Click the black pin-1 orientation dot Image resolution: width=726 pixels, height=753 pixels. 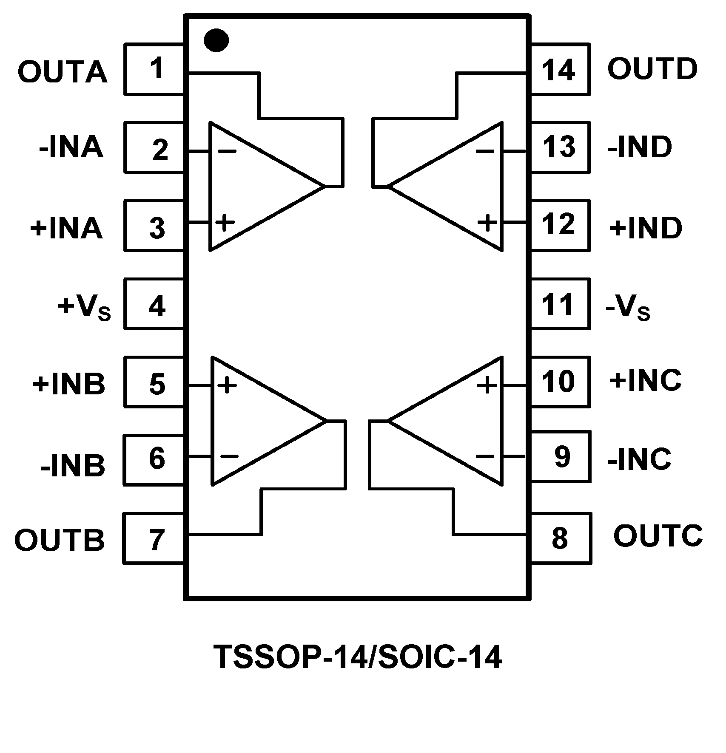(x=216, y=40)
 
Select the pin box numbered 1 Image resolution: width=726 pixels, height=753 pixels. (x=154, y=69)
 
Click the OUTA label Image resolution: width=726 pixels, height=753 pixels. (x=62, y=72)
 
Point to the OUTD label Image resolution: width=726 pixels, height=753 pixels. (x=652, y=69)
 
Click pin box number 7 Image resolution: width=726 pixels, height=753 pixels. (x=154, y=539)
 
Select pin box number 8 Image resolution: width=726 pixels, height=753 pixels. (x=561, y=539)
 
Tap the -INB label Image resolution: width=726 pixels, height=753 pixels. (x=73, y=466)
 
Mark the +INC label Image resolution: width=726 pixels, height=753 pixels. (x=645, y=380)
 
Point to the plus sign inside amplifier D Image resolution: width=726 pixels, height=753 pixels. (x=487, y=222)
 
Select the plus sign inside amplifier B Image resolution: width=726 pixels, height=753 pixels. (x=227, y=385)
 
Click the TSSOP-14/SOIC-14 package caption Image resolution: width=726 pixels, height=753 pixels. (x=357, y=657)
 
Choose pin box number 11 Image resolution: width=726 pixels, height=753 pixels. (x=560, y=304)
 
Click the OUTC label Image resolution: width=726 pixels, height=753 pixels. (x=658, y=536)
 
